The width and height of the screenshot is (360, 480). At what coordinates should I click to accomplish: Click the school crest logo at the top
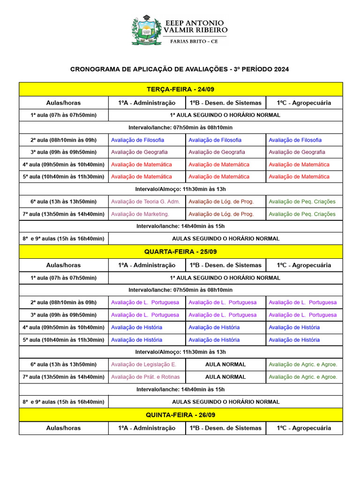coord(147,30)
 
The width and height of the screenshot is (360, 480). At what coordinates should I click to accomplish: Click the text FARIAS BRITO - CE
coord(194,41)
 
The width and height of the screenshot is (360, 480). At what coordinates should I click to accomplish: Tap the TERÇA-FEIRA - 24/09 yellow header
coord(180,89)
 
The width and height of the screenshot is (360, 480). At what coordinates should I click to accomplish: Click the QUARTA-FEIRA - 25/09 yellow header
coord(180,252)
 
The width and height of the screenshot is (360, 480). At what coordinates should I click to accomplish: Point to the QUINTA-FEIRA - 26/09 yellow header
coord(180,415)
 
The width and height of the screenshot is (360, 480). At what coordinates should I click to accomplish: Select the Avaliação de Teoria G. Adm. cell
coord(145,202)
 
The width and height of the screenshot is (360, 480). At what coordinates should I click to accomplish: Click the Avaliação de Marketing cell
coord(140,214)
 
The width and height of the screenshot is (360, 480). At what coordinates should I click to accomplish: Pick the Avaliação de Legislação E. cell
coord(143,364)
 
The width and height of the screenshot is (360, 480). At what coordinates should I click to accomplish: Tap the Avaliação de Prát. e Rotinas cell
coord(145,376)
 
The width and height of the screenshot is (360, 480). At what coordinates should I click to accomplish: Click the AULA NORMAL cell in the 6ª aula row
coord(225,364)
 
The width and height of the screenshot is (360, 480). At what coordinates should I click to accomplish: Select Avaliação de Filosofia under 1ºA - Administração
coord(137,140)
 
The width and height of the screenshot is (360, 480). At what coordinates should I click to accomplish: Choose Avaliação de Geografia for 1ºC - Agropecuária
coord(297,152)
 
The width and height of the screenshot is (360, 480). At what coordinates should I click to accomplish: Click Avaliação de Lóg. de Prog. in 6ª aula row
coord(221,202)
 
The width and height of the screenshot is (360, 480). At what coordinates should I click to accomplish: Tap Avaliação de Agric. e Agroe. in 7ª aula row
coord(303,376)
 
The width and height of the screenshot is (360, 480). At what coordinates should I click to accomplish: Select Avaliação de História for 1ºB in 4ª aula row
coord(214,327)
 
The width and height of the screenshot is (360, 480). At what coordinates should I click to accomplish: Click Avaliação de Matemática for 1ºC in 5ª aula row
coord(299,177)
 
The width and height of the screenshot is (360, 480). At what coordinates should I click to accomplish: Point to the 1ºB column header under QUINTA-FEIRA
coord(225,428)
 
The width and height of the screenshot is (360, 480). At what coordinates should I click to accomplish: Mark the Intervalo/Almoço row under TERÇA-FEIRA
coord(180,189)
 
